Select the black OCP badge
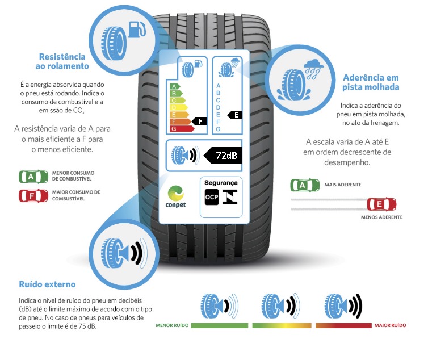point(211,197)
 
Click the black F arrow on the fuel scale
point(199,121)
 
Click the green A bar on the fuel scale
point(175,86)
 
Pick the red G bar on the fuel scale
point(181,129)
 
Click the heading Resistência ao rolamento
point(62,61)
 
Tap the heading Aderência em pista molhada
point(371,82)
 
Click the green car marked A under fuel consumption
point(33,176)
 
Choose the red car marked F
point(33,196)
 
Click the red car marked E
point(381,204)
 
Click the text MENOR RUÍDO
point(173,326)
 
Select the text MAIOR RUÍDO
point(390,326)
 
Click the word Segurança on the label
point(221,183)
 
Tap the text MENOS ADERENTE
point(381,217)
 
